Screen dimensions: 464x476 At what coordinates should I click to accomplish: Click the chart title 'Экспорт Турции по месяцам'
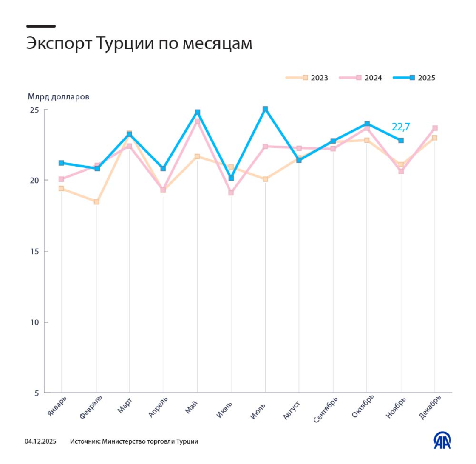(139, 44)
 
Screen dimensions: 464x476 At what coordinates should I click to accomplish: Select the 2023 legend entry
(307, 78)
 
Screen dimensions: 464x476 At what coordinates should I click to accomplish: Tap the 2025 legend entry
(414, 78)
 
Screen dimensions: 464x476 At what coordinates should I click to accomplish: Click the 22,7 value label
(400, 127)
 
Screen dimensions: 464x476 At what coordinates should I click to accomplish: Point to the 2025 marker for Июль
(265, 109)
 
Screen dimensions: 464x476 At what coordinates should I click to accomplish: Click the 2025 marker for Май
(197, 112)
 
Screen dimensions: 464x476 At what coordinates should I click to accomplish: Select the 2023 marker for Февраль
(96, 202)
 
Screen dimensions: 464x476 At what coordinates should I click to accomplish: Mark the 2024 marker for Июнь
(231, 193)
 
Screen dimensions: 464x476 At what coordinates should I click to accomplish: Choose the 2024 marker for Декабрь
(435, 128)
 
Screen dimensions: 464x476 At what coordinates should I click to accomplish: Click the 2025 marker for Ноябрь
(401, 141)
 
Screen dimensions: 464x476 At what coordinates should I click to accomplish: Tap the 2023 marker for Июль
(265, 179)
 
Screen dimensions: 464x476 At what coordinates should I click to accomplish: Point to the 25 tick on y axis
(34, 110)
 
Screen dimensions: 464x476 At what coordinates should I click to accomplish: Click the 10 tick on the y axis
(34, 322)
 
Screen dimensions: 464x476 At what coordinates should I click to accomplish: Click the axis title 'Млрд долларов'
(58, 97)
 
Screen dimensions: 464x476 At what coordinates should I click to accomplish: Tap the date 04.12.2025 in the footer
(40, 441)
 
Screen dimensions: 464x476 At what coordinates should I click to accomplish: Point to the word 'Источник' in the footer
(85, 441)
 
